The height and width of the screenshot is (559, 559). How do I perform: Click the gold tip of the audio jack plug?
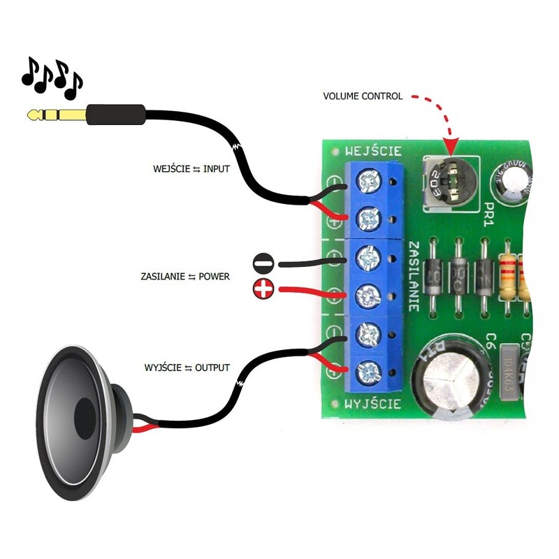[x=34, y=113]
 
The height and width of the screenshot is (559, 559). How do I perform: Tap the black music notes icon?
[x=52, y=77]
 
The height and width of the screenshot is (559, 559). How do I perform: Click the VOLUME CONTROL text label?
[x=363, y=96]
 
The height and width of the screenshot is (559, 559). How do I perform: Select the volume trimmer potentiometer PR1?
[x=449, y=180]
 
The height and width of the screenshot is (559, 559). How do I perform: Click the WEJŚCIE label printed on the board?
[x=373, y=150]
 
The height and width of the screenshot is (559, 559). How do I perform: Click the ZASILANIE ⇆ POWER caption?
[x=185, y=277]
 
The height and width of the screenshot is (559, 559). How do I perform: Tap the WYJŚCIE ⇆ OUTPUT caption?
[x=187, y=368]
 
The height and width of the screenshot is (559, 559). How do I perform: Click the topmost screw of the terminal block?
[x=366, y=182]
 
